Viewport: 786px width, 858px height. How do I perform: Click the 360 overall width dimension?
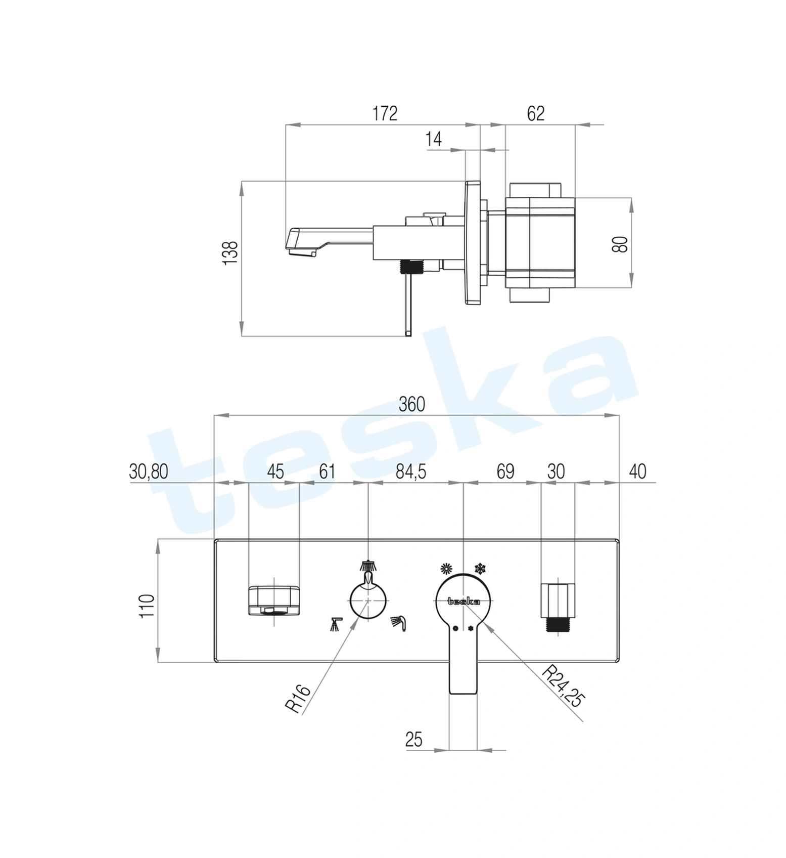[412, 404]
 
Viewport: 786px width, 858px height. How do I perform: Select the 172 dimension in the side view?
[385, 113]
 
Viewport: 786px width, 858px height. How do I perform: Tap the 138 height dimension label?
[230, 252]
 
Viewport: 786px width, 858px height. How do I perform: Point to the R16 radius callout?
[297, 699]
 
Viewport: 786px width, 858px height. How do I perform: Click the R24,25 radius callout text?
[563, 687]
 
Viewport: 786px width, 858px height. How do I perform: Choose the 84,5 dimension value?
[411, 471]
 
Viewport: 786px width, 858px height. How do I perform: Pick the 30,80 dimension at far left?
[149, 471]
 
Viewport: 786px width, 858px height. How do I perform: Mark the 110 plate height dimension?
[147, 606]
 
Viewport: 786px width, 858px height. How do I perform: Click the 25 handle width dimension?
[413, 740]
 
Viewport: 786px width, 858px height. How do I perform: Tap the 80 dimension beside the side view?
[620, 244]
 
